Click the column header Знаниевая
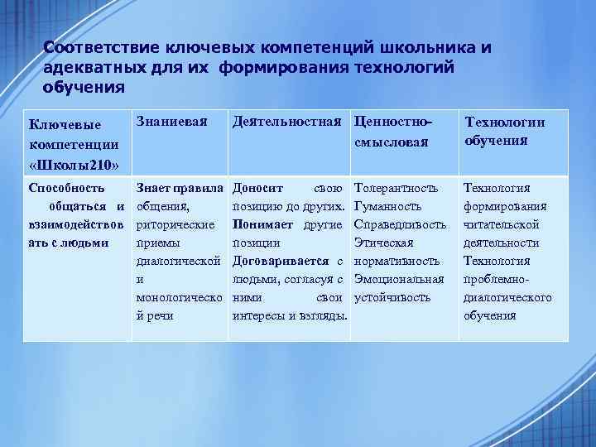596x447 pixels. (175, 122)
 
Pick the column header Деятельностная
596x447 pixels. (286, 122)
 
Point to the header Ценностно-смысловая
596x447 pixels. (392, 132)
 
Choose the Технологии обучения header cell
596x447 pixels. (504, 131)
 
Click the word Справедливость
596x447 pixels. (400, 224)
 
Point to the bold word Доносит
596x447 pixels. (259, 188)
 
